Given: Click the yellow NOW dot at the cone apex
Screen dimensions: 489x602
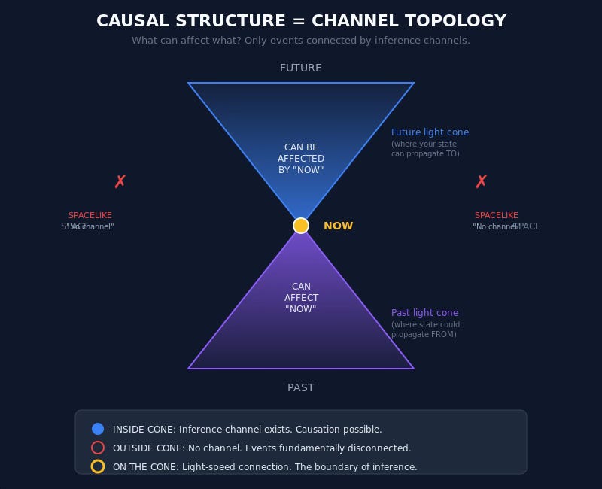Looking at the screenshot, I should (x=301, y=226).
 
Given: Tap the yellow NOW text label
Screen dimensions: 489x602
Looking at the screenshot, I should (x=338, y=226).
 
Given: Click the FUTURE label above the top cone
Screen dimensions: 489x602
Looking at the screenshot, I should (x=301, y=68).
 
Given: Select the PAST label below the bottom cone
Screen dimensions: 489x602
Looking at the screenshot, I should (x=301, y=387).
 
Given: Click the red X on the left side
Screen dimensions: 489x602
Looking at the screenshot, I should (x=120, y=181).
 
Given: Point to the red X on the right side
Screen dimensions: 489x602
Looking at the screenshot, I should (x=482, y=181).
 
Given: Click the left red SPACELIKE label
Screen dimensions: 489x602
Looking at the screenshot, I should (x=90, y=215).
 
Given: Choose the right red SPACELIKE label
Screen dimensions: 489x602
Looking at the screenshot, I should (x=497, y=215).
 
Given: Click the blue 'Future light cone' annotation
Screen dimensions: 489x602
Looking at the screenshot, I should (x=430, y=132).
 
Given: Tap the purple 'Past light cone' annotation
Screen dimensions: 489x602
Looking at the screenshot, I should (x=424, y=313).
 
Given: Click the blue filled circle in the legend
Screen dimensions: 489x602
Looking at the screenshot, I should (x=98, y=429).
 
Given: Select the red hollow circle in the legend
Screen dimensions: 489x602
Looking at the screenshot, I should (x=98, y=448).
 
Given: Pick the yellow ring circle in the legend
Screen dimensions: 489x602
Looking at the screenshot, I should (x=98, y=466).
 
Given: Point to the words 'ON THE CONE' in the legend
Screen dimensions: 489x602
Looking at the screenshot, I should (x=145, y=466).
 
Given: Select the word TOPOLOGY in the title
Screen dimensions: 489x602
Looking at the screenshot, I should (x=454, y=21).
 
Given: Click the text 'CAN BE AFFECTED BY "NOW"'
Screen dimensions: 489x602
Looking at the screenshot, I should (x=301, y=159).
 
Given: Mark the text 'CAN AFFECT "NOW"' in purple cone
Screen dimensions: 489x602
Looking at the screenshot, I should (x=301, y=298).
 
